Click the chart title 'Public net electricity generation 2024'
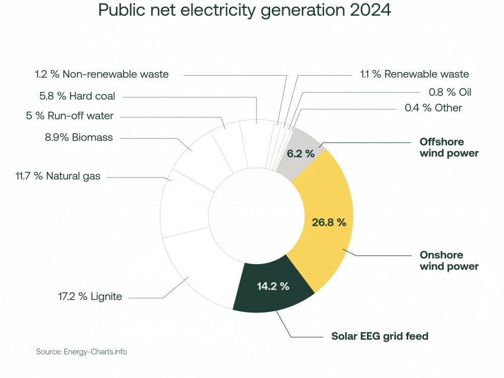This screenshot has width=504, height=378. click(244, 11)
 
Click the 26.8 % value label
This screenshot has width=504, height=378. click(329, 222)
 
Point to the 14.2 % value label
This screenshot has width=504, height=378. click(273, 286)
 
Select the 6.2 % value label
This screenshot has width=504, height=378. click(301, 154)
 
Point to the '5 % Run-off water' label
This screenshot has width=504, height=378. click(70, 116)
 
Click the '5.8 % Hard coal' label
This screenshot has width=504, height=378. click(77, 95)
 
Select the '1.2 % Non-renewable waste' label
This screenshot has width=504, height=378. click(102, 74)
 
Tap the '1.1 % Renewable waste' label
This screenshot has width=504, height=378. click(414, 74)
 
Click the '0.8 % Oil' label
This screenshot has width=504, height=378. click(450, 92)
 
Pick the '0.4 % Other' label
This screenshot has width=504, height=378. click(433, 107)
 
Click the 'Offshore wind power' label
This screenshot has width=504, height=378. click(449, 147)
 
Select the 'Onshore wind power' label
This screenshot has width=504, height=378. click(449, 260)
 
